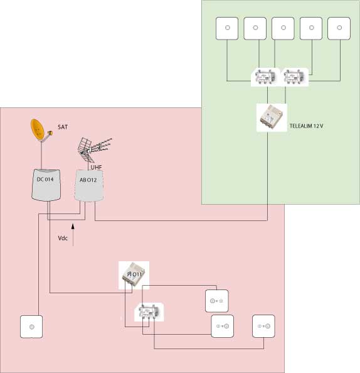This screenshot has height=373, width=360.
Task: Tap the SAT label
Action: click(x=63, y=127)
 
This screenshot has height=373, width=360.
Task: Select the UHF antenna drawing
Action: click(x=94, y=149)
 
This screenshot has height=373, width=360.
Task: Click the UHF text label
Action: click(x=96, y=167)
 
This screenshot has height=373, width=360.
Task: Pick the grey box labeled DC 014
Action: click(x=46, y=185)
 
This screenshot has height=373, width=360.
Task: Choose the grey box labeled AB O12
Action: click(x=89, y=186)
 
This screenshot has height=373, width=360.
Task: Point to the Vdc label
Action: click(x=63, y=238)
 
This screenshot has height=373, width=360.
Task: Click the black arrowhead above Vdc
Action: click(x=73, y=226)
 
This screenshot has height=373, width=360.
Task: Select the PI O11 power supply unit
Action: click(x=134, y=275)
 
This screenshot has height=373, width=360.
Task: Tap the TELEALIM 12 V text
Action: click(x=306, y=126)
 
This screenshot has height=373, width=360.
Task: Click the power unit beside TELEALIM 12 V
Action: click(x=272, y=117)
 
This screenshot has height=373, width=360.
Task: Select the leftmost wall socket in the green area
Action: click(x=227, y=28)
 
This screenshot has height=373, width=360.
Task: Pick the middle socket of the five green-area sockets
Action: click(x=283, y=28)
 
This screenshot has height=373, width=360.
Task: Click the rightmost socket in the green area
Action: click(x=339, y=28)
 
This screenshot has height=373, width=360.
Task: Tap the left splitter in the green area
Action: click(x=265, y=77)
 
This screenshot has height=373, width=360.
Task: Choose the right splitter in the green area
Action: click(x=294, y=77)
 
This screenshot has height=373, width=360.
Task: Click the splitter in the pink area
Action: click(x=149, y=312)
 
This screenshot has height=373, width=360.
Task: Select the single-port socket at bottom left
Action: click(x=31, y=327)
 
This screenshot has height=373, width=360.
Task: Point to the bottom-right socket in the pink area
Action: click(x=263, y=326)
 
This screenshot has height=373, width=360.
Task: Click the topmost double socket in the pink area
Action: click(x=217, y=301)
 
